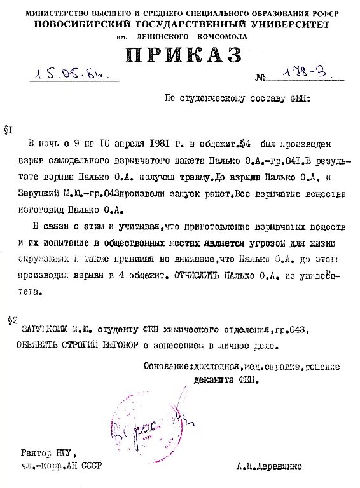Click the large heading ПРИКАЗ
[x=184, y=55]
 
